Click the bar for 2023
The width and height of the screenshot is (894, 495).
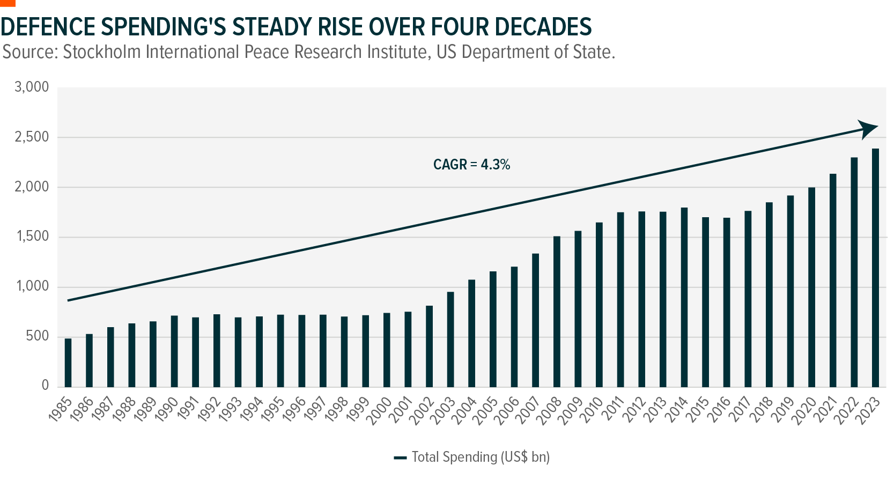tap(875, 268)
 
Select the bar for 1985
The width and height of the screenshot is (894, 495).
tap(68, 363)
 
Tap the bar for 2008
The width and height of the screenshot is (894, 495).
tap(557, 312)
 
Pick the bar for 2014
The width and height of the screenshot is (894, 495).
tap(684, 298)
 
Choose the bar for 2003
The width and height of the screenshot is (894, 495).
tap(450, 339)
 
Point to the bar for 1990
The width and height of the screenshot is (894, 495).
tap(174, 351)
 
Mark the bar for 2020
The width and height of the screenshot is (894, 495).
tap(811, 287)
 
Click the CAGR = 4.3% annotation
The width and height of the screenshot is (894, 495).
tap(471, 165)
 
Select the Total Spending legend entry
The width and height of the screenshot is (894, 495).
tap(471, 457)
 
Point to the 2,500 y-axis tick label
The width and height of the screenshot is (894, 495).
tap(32, 137)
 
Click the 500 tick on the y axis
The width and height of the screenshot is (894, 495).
tap(38, 336)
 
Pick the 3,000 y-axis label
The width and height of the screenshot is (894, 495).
tap(32, 87)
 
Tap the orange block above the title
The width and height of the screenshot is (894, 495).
tap(8, 3)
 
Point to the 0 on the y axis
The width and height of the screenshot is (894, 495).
tap(45, 385)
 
